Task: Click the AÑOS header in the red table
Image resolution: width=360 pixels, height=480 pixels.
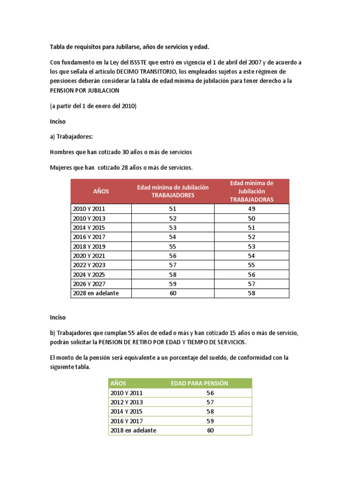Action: [x=101, y=191]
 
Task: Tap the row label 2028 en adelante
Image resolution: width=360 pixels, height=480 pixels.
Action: [x=96, y=293]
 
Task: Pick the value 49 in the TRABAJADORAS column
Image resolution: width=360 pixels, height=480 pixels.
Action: [x=252, y=209]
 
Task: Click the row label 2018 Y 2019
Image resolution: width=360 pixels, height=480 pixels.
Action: [x=89, y=246]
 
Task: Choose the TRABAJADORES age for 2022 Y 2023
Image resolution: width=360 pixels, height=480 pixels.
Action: [x=172, y=265]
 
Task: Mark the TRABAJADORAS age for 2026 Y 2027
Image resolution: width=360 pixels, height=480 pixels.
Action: [x=252, y=284]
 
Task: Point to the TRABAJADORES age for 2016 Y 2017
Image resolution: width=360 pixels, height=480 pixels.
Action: [x=172, y=237]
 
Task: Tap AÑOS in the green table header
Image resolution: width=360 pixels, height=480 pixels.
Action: [x=118, y=383]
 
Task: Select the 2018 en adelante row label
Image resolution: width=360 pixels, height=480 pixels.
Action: [x=133, y=430]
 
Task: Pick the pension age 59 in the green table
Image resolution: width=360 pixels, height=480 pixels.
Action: [x=210, y=420]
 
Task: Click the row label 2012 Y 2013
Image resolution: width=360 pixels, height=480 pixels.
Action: [x=127, y=402]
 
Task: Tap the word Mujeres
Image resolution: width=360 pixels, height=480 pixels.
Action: [x=61, y=167]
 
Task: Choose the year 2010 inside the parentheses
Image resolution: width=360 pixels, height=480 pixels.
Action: [x=127, y=106]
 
